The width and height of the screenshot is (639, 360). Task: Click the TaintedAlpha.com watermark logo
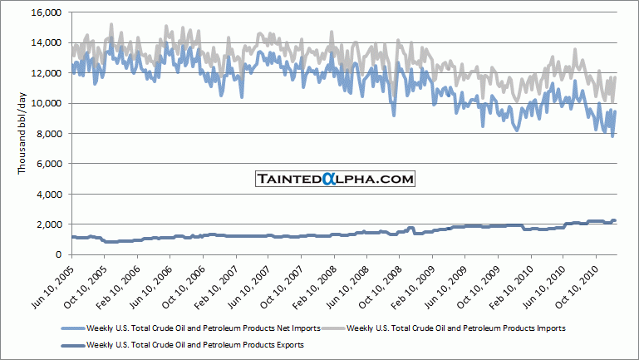click(x=334, y=179)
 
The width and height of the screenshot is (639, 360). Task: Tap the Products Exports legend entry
click(x=192, y=344)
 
